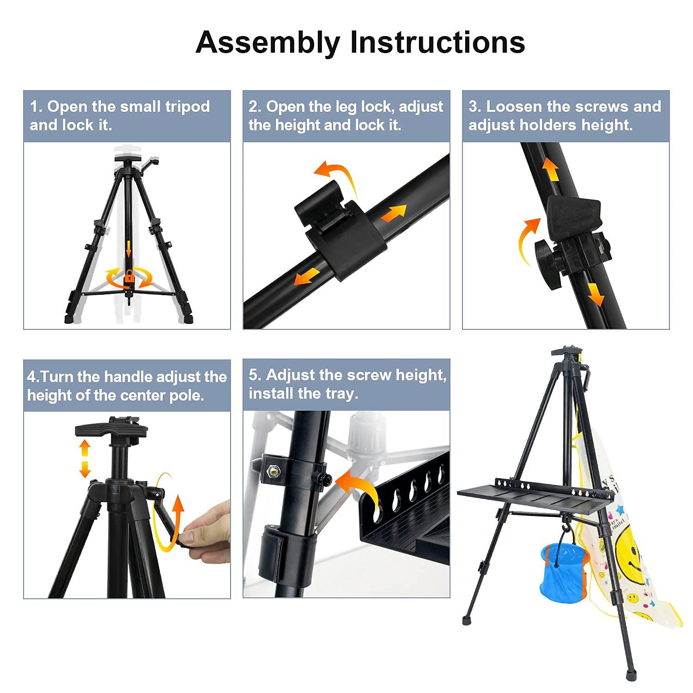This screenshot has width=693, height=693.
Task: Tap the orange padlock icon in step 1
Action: pos(129,277)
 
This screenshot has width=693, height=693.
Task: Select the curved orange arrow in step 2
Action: pos(336,176)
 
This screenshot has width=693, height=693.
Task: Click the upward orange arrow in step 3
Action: pos(551,170)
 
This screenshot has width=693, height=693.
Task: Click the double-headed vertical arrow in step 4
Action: pos(84,458)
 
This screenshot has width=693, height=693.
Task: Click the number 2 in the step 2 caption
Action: pos(253,107)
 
